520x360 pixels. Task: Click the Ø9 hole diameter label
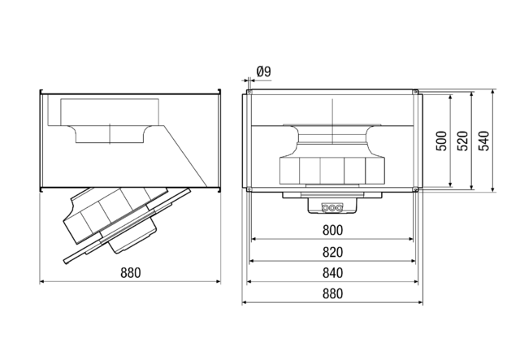coord(263,72)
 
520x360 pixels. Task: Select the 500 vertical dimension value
coord(441,141)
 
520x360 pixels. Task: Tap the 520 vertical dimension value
coord(463,141)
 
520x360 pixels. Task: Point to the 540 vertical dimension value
coord(484,141)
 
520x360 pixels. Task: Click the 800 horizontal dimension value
coord(332,230)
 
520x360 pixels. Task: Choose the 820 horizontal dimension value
coord(332,252)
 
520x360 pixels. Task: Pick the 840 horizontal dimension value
coord(332,273)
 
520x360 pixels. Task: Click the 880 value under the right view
coord(332,293)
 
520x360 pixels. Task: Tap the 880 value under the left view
coord(131,273)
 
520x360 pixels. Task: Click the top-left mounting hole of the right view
coord(249,92)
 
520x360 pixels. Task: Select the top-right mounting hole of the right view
coord(415,92)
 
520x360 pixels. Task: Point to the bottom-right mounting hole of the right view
coord(415,189)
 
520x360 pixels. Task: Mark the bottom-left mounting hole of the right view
coord(249,189)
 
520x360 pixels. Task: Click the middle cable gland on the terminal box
coord(332,208)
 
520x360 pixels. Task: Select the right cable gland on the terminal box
coord(339,208)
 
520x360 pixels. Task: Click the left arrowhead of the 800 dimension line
coord(253,239)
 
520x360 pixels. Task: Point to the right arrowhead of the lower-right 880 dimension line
coord(421,302)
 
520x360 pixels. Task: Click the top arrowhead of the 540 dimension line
coord(493,92)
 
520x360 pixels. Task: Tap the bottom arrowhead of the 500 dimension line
coord(450,184)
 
